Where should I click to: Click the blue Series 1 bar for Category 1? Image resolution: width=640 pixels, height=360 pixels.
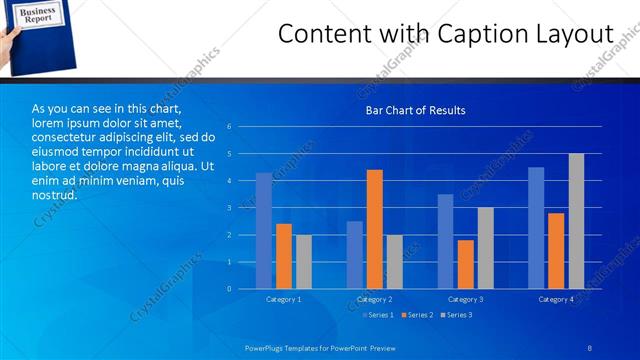pyautogui.click(x=264, y=231)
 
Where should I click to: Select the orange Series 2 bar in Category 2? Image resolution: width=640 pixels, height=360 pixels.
pyautogui.click(x=374, y=229)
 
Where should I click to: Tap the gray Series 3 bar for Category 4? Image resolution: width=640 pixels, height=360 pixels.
pyautogui.click(x=576, y=221)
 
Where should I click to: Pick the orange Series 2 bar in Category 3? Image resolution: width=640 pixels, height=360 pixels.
pyautogui.click(x=465, y=264)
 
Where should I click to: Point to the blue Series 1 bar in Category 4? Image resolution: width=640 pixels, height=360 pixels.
pyautogui.click(x=536, y=228)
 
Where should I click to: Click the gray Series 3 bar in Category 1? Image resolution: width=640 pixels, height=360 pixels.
pyautogui.click(x=303, y=262)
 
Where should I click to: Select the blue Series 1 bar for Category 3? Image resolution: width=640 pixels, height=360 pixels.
pyautogui.click(x=445, y=241)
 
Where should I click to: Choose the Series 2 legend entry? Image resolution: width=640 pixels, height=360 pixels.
pyautogui.click(x=418, y=315)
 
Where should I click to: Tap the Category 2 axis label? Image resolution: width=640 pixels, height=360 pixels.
pyautogui.click(x=374, y=299)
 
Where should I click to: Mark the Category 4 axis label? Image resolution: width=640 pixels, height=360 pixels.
pyautogui.click(x=556, y=299)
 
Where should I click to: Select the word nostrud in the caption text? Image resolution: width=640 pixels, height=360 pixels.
pyautogui.click(x=52, y=196)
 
